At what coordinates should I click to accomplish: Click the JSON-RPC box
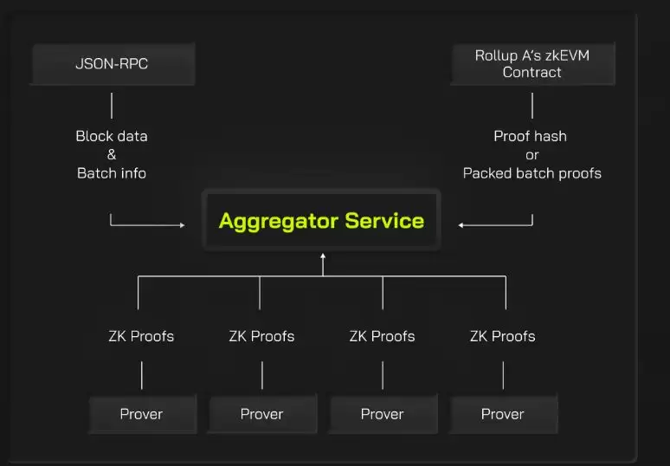point(112,63)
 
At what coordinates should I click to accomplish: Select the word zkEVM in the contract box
point(566,55)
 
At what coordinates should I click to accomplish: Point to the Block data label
point(112,136)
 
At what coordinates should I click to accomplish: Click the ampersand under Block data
point(112,154)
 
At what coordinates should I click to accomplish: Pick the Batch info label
point(112,173)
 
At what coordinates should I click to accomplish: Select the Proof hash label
point(531,136)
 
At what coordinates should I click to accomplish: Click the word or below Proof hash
point(531,155)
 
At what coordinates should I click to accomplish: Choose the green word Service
point(384,220)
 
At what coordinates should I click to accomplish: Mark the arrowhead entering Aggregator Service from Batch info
point(182,225)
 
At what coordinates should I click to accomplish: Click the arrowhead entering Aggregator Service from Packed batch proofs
point(461,225)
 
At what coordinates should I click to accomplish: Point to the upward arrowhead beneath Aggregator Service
point(323,256)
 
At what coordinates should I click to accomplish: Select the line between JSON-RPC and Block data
point(112,106)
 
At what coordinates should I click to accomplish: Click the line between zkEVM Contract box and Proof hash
point(531,106)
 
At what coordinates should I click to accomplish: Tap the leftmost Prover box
point(141,414)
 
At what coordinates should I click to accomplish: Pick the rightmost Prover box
point(503,414)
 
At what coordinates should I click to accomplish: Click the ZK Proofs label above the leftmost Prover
point(141,336)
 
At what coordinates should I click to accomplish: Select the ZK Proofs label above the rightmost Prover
point(503,336)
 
